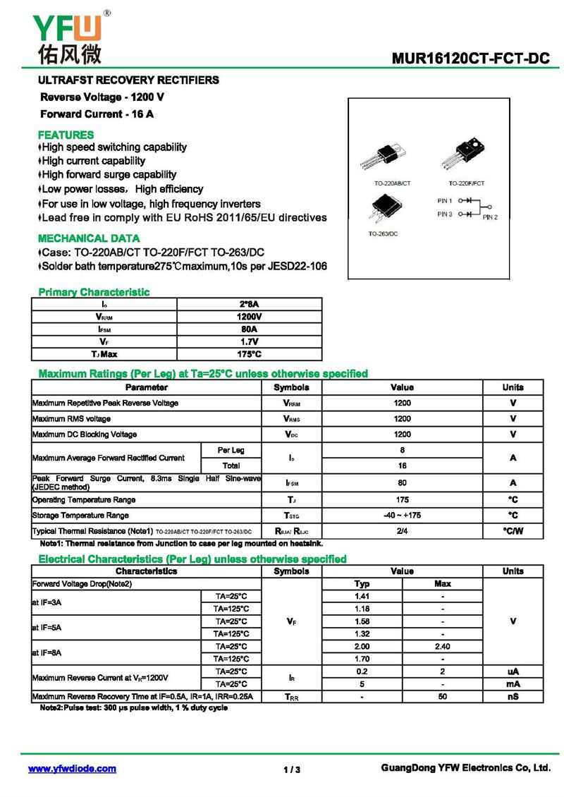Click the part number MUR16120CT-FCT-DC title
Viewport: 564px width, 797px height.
[x=470, y=59]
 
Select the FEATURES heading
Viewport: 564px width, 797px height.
[x=66, y=135]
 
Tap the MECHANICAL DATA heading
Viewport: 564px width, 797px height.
[x=89, y=238]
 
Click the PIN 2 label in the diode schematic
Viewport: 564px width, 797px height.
[x=490, y=217]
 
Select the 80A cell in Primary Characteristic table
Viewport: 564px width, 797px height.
[x=250, y=329]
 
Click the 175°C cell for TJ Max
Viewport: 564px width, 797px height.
[x=250, y=354]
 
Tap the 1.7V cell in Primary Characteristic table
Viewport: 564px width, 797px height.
[x=250, y=341]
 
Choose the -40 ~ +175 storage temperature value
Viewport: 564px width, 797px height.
[x=402, y=516]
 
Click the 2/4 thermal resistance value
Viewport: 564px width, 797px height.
[x=402, y=531]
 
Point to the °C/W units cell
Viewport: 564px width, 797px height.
[x=513, y=531]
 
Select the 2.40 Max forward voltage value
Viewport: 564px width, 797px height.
[x=442, y=646]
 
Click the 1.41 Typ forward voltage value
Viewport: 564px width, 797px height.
[x=362, y=596]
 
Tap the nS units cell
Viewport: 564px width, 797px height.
[x=513, y=697]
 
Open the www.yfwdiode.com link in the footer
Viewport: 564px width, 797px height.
[x=72, y=769]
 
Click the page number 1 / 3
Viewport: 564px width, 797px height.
[x=292, y=769]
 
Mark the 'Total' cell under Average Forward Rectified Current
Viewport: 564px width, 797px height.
[x=231, y=466]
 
